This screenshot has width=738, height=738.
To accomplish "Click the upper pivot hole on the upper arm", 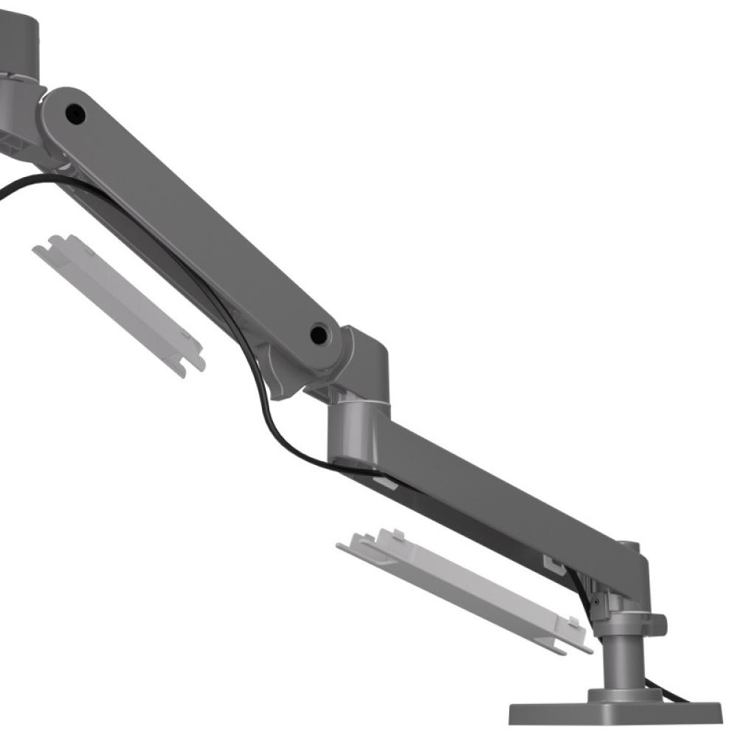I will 75,114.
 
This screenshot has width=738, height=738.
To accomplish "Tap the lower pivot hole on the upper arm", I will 319,334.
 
